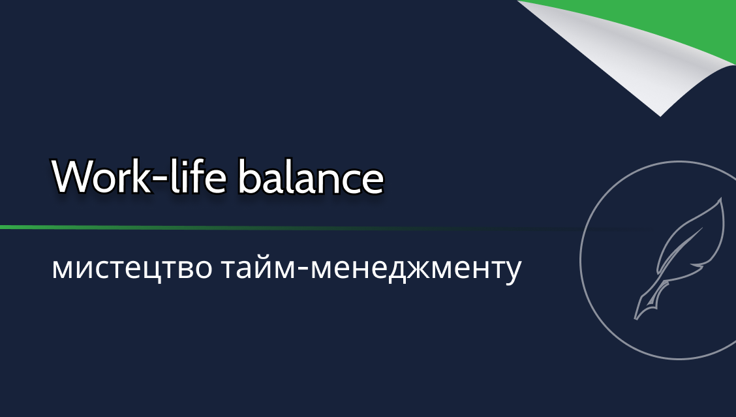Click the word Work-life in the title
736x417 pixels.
click(139, 177)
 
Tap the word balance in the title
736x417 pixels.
click(311, 177)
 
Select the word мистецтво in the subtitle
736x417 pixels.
click(132, 268)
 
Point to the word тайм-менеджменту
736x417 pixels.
click(371, 268)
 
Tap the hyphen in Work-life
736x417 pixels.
click(160, 179)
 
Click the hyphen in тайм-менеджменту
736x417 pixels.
click(303, 270)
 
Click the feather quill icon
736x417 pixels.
click(679, 258)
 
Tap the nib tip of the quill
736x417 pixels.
click(636, 319)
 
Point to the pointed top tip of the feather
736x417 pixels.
click(721, 198)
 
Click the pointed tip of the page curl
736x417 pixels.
click(660, 116)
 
